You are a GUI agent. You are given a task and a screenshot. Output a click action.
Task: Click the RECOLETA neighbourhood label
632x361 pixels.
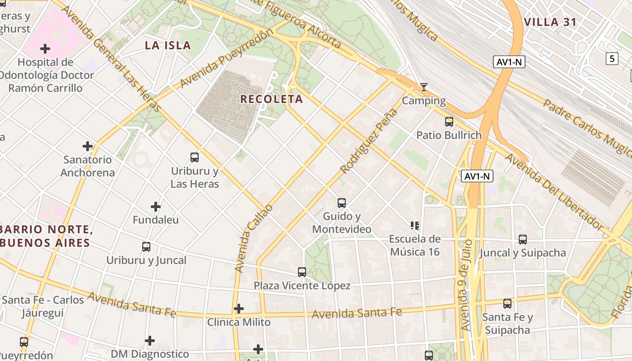[x=271, y=99]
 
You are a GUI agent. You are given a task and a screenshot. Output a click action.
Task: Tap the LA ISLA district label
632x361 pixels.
[x=168, y=45]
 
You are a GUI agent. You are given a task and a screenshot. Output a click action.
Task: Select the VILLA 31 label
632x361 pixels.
[x=550, y=22]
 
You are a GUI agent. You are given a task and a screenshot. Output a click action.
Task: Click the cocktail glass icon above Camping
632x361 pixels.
[x=423, y=87]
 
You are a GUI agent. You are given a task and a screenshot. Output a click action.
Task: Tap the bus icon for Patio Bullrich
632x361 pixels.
[x=449, y=121]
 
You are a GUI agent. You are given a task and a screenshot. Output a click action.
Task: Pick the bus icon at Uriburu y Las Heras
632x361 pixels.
[x=195, y=157]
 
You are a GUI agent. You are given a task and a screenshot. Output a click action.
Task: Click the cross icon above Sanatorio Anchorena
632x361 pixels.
[x=88, y=146]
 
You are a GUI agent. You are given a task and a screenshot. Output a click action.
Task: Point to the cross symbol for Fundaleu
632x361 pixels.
[x=156, y=207]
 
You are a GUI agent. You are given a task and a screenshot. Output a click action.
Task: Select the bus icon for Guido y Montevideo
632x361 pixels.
[x=342, y=203]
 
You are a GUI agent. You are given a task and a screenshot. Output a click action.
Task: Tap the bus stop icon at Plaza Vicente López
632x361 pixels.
[x=302, y=272]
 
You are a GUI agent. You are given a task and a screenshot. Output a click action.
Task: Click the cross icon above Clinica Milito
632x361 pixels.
[x=239, y=309]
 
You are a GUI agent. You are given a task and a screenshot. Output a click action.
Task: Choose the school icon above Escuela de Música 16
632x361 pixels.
[x=415, y=225]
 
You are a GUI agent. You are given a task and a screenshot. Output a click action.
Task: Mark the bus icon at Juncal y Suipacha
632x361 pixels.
[x=523, y=240]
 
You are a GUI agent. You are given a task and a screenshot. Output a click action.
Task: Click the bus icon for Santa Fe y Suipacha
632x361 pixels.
[x=507, y=304]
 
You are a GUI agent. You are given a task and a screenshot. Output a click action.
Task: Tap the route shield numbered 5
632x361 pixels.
[x=612, y=58]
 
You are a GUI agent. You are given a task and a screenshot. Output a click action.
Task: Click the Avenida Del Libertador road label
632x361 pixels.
[x=553, y=192]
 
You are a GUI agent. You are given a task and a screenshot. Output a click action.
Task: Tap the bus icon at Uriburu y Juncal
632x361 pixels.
[x=146, y=247]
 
